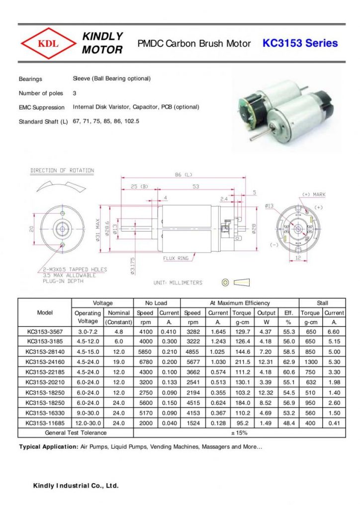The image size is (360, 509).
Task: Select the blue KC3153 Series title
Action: [x=300, y=43]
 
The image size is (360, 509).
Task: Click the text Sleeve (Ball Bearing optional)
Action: [x=111, y=79]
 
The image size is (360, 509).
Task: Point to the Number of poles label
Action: [x=41, y=93]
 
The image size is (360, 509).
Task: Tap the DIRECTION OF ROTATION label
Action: [x=62, y=170]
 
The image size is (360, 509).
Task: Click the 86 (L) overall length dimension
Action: [x=183, y=175]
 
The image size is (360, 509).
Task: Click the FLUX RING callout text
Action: [x=176, y=258]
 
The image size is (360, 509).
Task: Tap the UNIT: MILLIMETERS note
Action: [x=178, y=283]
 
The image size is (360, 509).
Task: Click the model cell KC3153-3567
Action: [x=45, y=331]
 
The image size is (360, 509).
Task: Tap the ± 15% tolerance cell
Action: [x=240, y=432]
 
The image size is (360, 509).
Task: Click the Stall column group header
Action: [x=322, y=303]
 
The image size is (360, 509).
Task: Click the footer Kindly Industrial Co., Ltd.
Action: [x=76, y=486]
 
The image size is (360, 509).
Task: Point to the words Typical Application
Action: [x=48, y=447]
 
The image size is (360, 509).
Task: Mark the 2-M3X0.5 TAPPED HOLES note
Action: [x=74, y=269]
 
